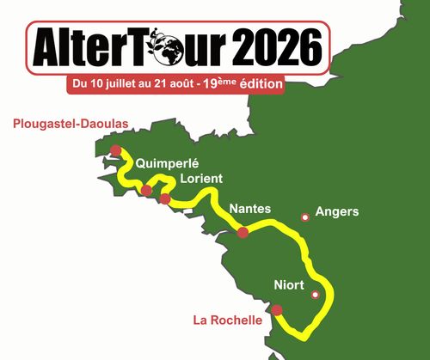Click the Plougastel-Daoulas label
[x=71, y=124]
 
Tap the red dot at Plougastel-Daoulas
[x=115, y=150]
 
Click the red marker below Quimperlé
[x=147, y=190]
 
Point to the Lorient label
[x=202, y=178]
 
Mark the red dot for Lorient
[x=164, y=199]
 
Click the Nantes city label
[x=250, y=209]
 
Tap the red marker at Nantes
[x=243, y=232]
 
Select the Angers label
[x=337, y=211]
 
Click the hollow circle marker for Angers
[x=304, y=217]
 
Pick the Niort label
[x=289, y=285]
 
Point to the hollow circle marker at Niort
[x=315, y=295]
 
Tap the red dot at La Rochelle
[x=277, y=310]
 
